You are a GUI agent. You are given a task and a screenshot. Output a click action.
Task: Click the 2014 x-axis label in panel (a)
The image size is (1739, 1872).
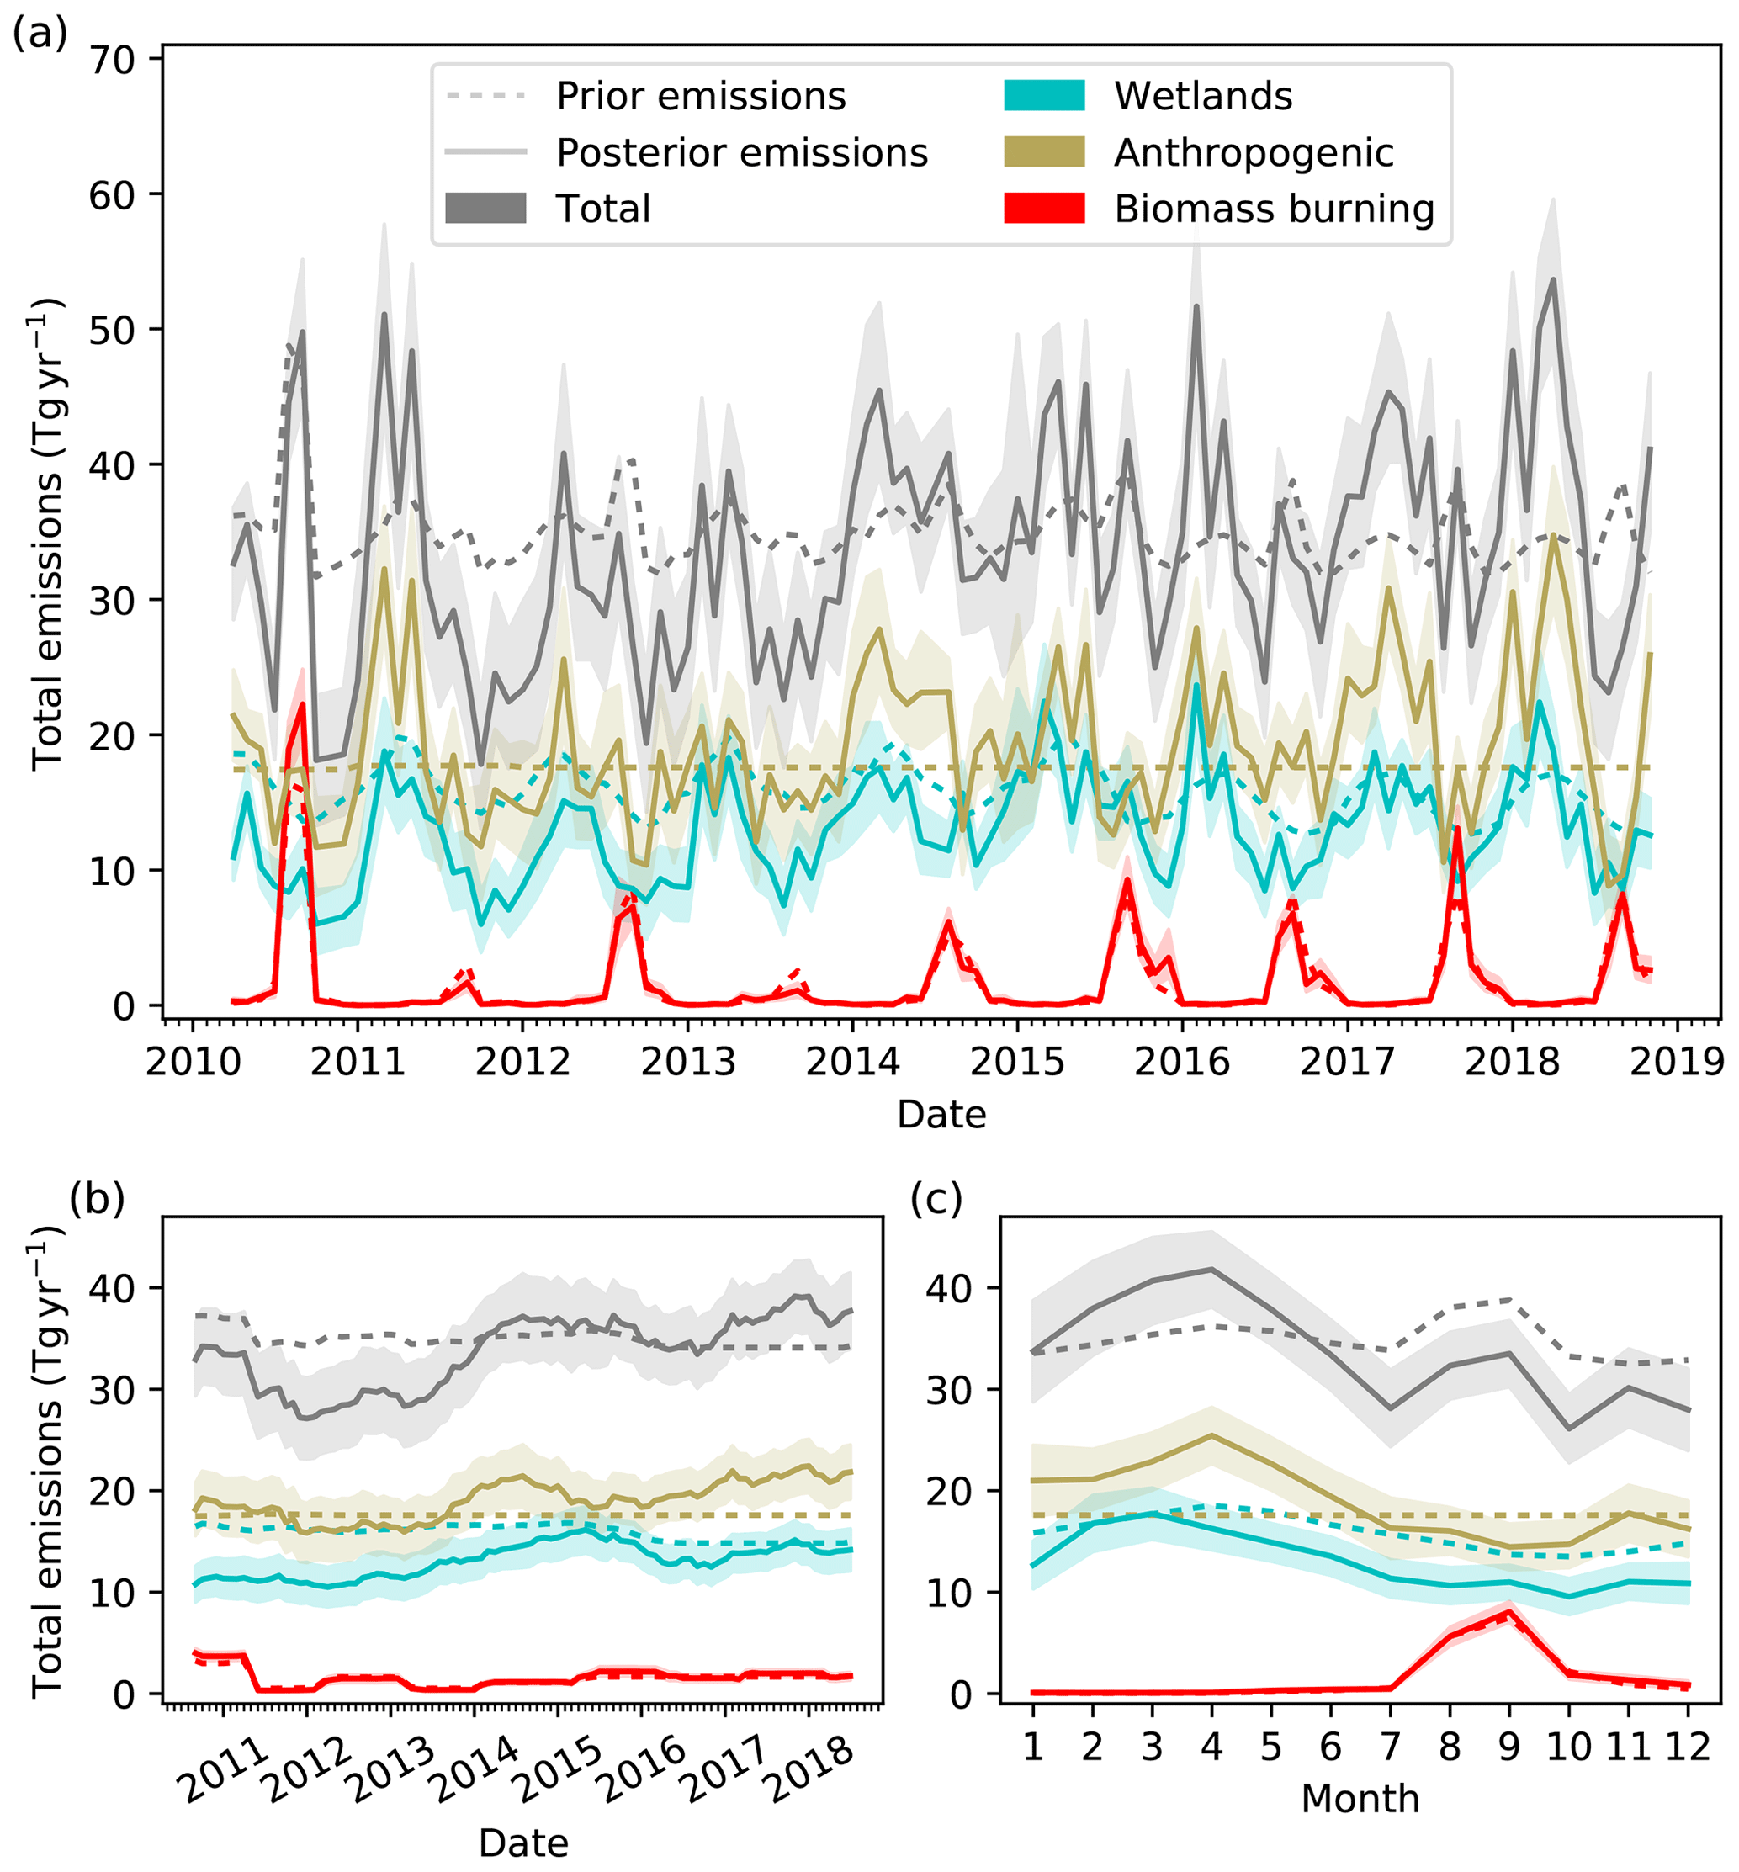(852, 1062)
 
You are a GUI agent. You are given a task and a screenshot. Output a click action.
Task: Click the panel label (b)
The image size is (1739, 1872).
(97, 1199)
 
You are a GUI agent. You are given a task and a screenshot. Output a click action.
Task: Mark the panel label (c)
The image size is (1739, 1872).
(936, 1199)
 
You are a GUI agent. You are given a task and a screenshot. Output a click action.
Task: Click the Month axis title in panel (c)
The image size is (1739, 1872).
(1360, 1799)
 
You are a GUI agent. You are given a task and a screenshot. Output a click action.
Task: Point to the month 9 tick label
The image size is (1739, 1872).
(1508, 1746)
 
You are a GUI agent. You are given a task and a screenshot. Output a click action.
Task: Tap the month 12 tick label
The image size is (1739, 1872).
(1687, 1746)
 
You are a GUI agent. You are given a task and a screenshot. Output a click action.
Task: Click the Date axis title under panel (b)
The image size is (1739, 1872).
(523, 1843)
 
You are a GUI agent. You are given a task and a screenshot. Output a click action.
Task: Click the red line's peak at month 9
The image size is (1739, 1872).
(1509, 1612)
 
